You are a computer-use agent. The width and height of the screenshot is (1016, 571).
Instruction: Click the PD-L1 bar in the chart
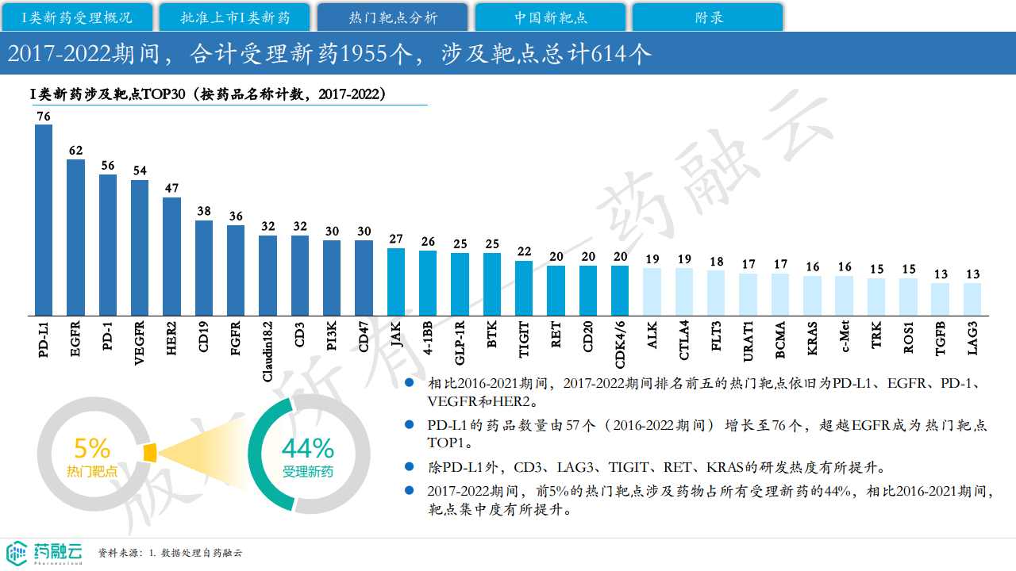(x=44, y=220)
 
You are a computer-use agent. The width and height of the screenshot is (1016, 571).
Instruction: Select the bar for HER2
(x=171, y=256)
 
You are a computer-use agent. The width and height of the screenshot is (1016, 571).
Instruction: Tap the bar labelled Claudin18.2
(x=267, y=275)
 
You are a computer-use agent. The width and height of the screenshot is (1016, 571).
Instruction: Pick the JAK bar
(x=395, y=282)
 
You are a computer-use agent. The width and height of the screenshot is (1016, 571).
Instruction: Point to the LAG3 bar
(x=972, y=299)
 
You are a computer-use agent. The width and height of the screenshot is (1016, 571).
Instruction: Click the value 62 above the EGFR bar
(x=75, y=151)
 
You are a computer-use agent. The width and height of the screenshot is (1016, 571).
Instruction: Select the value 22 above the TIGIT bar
(x=524, y=252)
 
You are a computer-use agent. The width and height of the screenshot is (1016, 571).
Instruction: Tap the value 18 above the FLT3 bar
(x=716, y=262)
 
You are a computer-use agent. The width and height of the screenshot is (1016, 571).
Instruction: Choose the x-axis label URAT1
(x=749, y=341)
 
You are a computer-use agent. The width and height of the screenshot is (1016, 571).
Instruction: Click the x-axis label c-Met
(x=845, y=339)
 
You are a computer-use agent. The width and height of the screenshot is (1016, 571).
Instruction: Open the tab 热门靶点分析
(x=393, y=17)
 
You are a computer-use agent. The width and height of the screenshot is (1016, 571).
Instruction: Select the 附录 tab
(x=708, y=17)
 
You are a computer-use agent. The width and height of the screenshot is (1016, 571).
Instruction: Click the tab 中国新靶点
(x=550, y=17)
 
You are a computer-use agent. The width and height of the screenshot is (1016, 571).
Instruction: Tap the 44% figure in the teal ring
(x=308, y=449)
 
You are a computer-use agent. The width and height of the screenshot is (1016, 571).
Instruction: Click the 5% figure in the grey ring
(x=91, y=449)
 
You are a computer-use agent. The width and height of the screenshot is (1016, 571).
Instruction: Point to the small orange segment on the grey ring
(x=149, y=452)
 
